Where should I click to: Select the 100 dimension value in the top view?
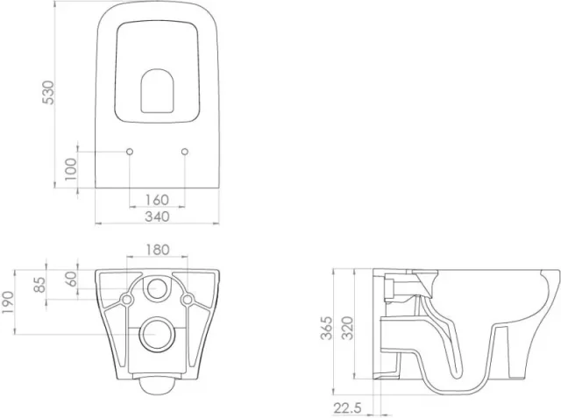70,168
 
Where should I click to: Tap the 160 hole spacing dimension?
157,200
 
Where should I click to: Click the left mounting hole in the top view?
130,152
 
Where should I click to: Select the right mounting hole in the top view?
184,152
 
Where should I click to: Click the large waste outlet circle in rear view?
158,332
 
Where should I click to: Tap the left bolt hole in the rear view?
128,301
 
